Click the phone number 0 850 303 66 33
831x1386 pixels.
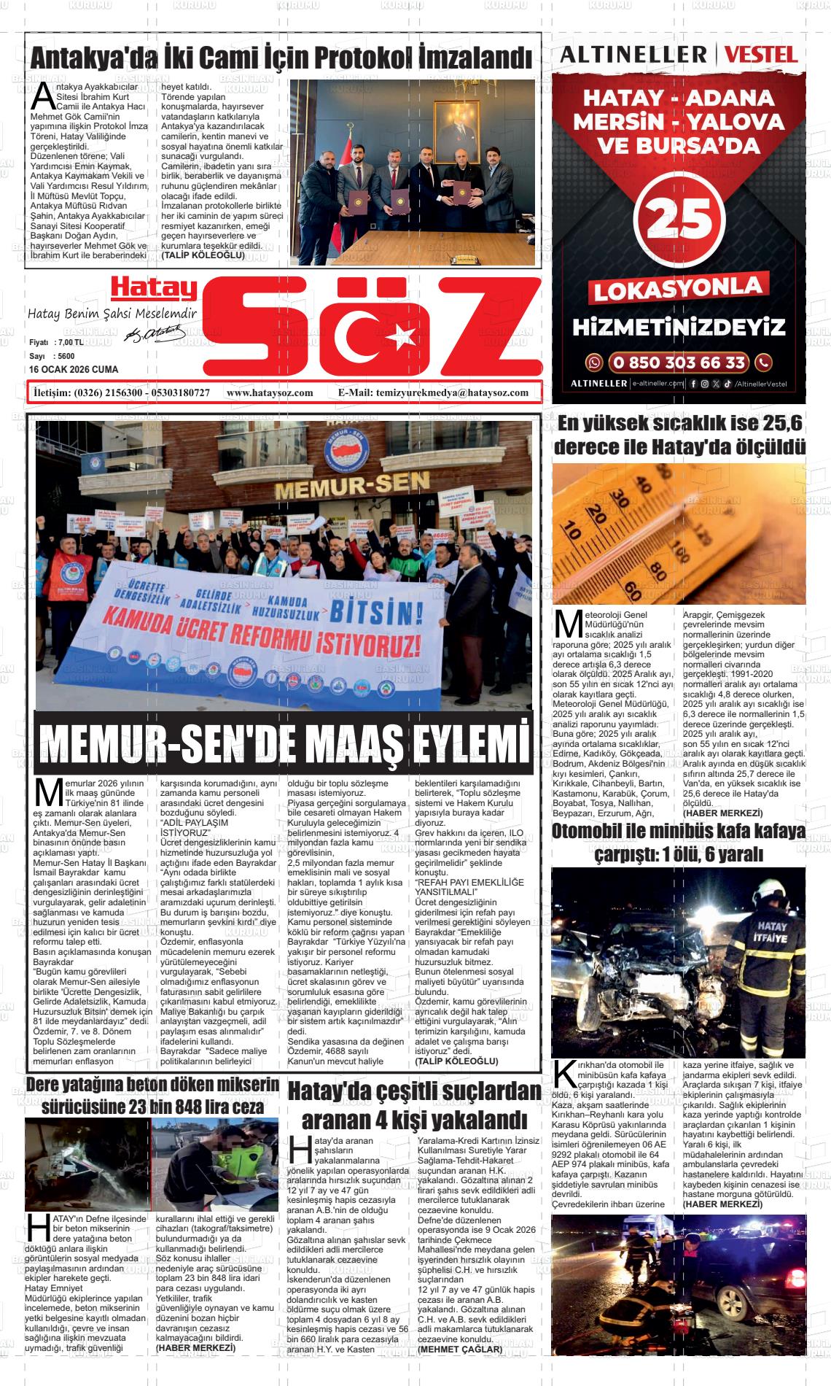point(678,363)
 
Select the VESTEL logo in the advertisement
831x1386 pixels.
point(760,54)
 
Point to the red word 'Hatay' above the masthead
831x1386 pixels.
point(154,290)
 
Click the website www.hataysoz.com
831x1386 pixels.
point(270,392)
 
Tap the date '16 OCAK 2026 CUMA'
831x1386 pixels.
point(74,370)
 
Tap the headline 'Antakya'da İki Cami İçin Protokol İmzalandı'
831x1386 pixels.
point(281,58)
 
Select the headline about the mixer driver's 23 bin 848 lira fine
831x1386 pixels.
point(152,1096)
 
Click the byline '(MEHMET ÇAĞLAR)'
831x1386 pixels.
point(460,1349)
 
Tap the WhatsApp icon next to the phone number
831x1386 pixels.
point(596,363)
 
